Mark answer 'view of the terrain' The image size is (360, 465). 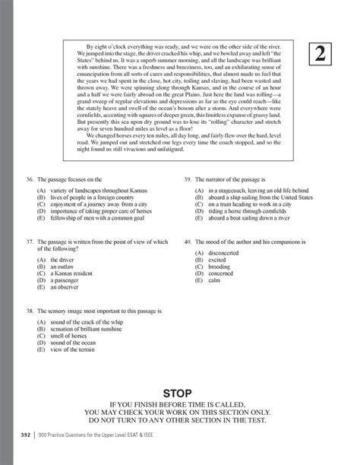77,352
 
